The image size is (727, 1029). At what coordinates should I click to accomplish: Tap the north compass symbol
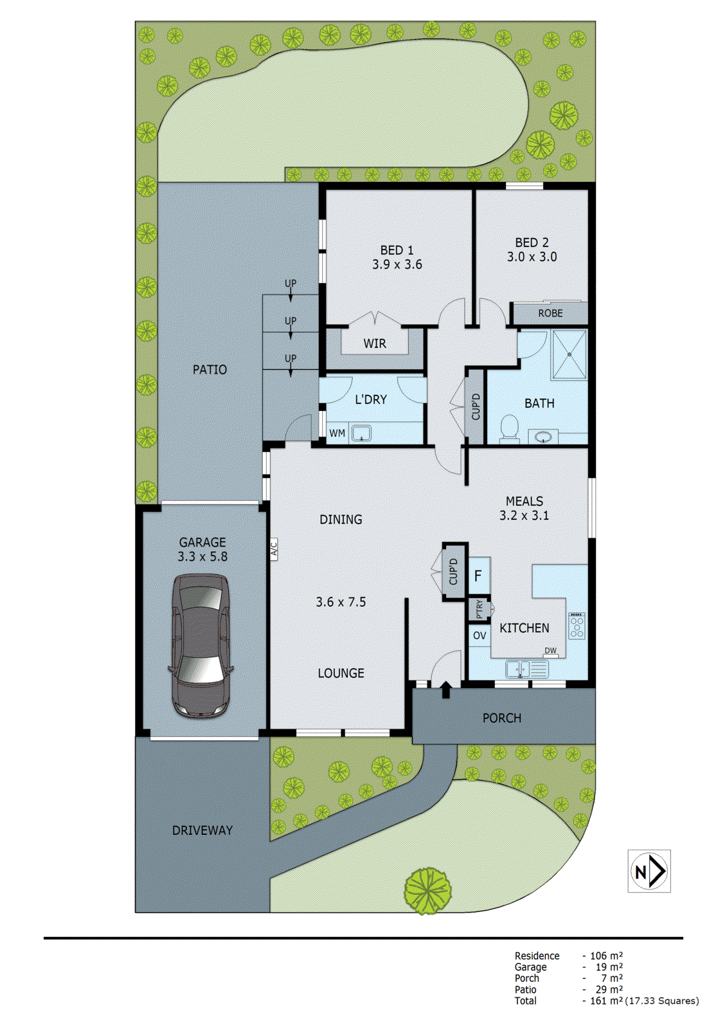coord(649,871)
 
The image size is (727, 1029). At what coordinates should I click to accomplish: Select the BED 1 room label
coord(397,250)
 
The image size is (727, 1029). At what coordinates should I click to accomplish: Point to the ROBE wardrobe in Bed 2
coord(550,313)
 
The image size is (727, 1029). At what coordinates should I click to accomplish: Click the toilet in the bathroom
coord(509,428)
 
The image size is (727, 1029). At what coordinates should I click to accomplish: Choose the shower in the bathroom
coord(570,354)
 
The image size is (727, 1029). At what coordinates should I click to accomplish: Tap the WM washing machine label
coord(337,433)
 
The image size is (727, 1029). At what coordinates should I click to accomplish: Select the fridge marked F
coord(478,576)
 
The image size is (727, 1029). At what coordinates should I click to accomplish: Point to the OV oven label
coord(480,635)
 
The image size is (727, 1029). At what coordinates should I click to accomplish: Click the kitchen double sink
coord(526,669)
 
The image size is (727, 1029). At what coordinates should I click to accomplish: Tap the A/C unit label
coord(273,549)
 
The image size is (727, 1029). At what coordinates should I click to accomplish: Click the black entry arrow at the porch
coord(445,689)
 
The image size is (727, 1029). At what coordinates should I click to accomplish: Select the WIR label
coord(375,343)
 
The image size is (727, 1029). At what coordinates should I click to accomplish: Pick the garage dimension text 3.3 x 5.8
coord(202,556)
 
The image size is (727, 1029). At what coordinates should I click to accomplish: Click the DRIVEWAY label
coord(202,830)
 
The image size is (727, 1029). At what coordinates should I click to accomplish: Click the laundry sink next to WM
coord(361,433)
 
